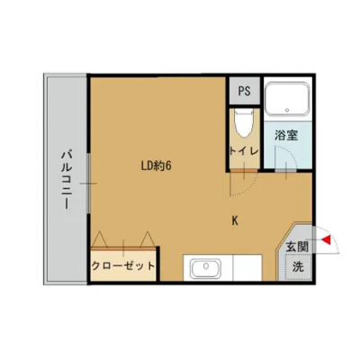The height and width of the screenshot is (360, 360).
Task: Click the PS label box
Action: coord(244,91)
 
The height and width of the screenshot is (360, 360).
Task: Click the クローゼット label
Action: coord(122,266)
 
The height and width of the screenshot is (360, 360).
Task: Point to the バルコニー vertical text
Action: coord(66,180)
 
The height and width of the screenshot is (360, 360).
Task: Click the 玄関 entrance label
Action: coord(297,245)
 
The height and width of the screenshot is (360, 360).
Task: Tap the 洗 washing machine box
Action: coord(298,266)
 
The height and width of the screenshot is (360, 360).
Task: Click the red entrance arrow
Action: coord(328,240)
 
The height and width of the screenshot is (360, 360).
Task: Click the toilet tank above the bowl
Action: coord(244,112)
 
